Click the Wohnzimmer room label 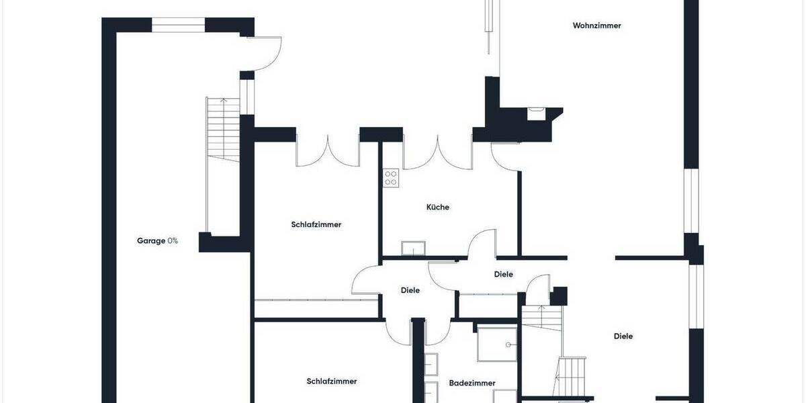[x=596, y=26]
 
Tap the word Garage [x=151, y=240]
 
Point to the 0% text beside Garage [x=173, y=240]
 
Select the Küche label [x=437, y=207]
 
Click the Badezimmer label [x=472, y=383]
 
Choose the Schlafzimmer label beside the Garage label [x=316, y=224]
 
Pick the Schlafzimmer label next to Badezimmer [x=332, y=381]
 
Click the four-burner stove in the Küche [x=391, y=178]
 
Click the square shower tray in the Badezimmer [x=497, y=345]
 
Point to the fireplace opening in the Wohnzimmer [x=537, y=114]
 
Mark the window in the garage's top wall [x=178, y=25]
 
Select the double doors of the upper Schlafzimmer [x=328, y=151]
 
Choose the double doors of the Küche [x=437, y=151]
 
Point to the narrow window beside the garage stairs [x=247, y=97]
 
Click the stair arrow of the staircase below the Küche [x=543, y=315]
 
